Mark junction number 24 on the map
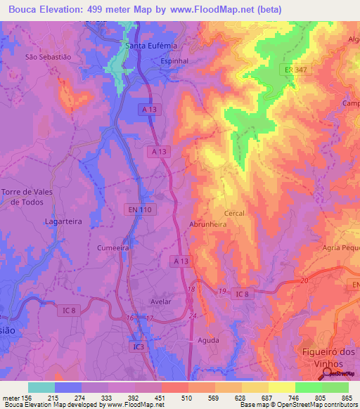192,316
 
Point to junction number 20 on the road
304,280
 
